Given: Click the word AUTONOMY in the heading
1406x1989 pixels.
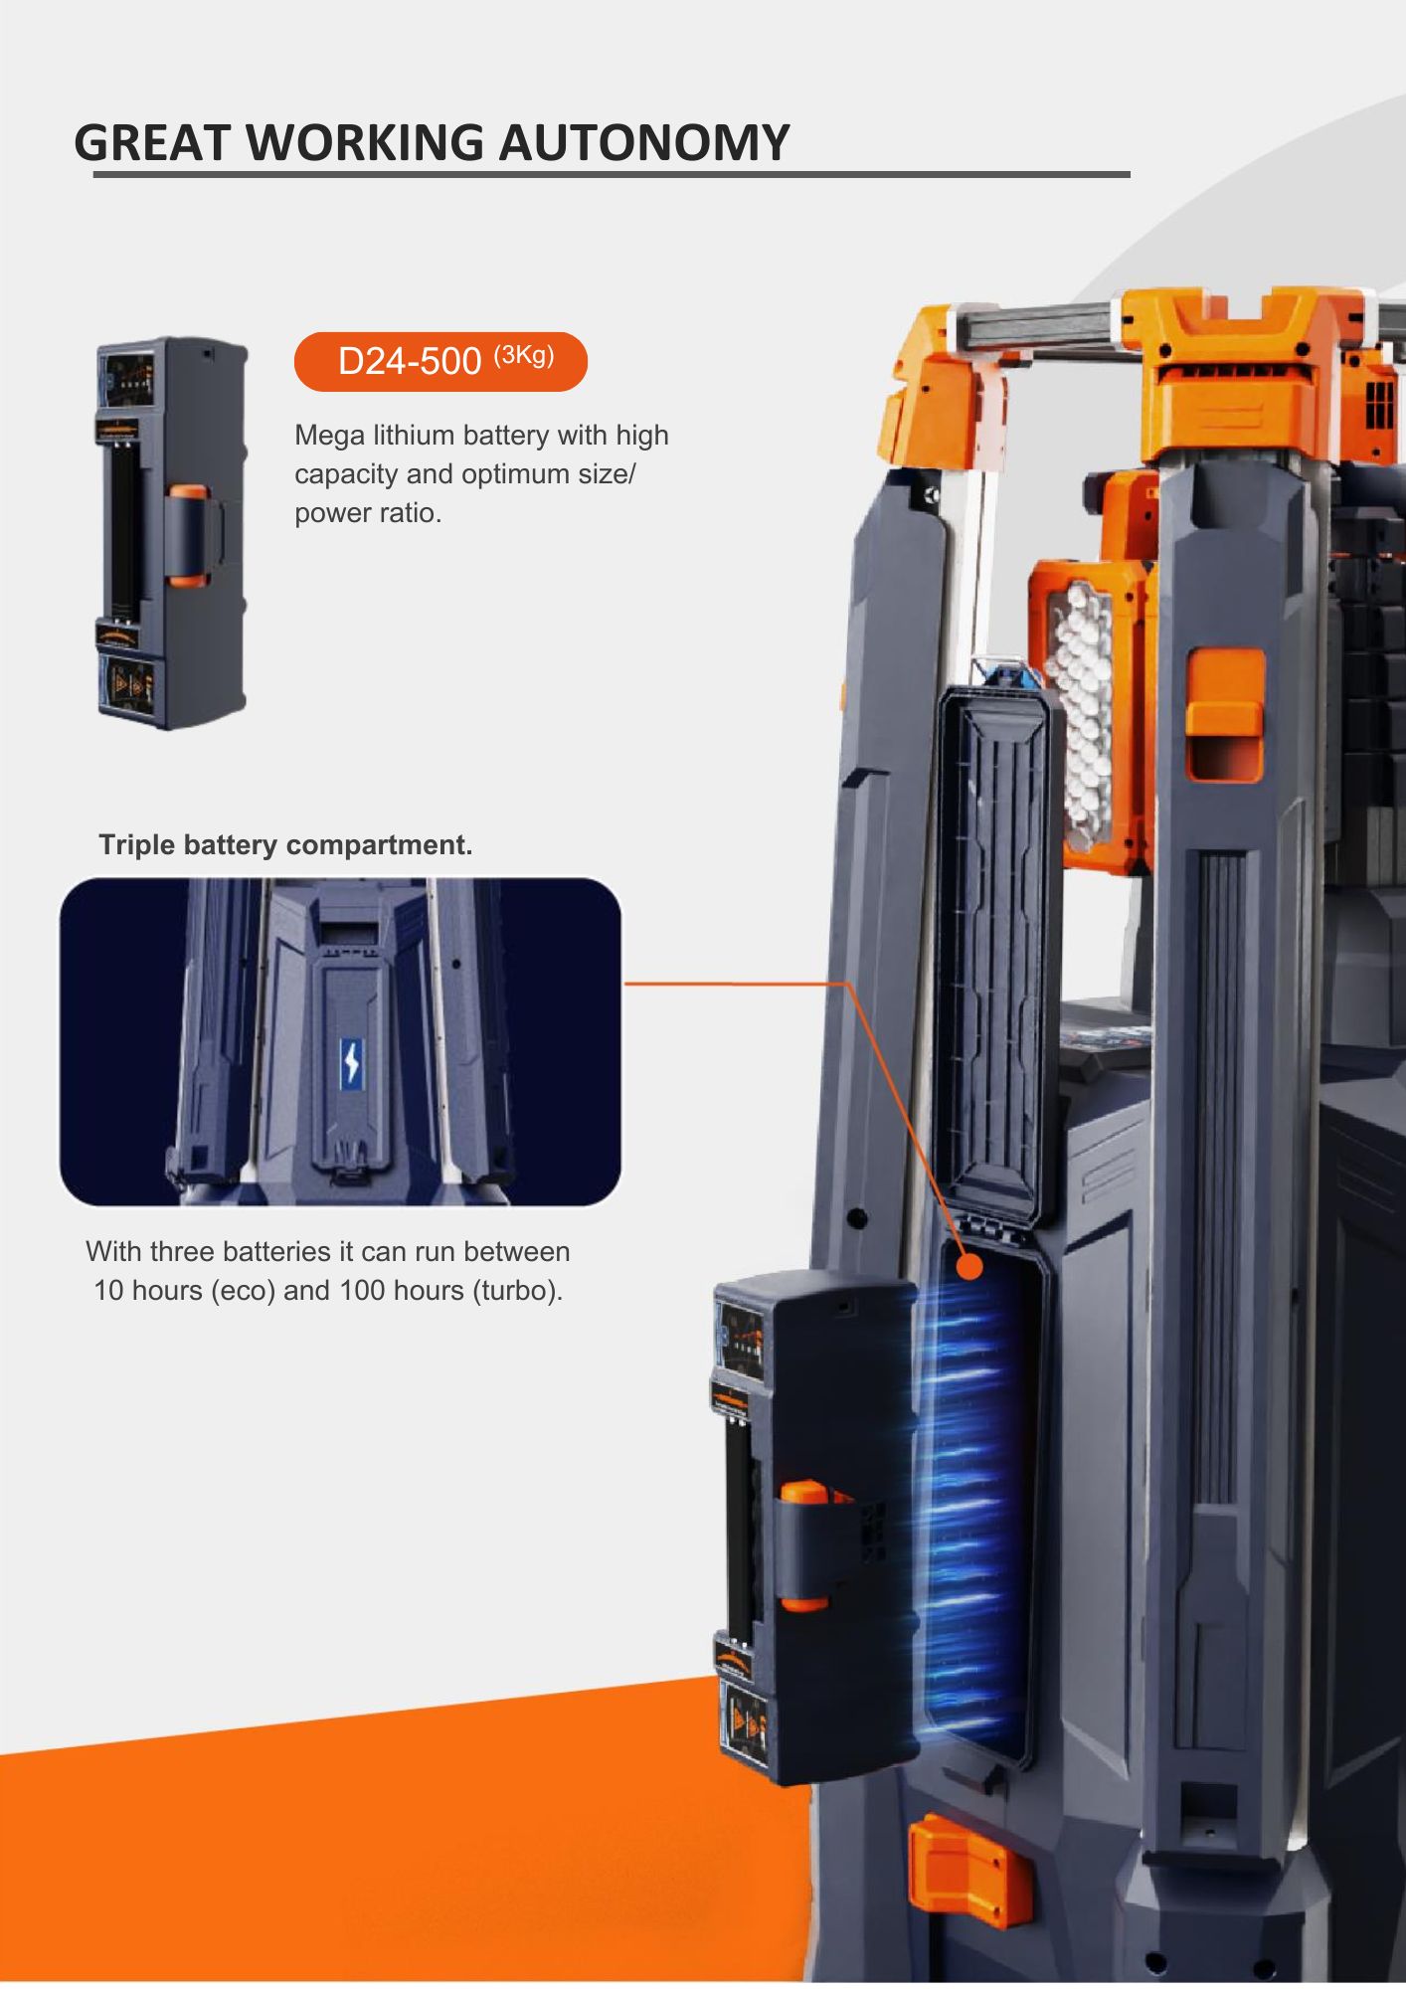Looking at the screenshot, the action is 643,142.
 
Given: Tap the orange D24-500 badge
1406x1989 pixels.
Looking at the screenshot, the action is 440,361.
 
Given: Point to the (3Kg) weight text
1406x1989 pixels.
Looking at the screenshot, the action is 524,355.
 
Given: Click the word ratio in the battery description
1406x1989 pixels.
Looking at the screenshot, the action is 406,513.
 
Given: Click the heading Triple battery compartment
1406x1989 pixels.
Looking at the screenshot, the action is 285,845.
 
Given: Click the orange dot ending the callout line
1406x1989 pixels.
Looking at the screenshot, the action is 968,1266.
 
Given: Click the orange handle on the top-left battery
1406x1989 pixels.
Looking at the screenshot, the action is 188,537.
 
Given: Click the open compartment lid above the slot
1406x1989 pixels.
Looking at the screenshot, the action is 992,955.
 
